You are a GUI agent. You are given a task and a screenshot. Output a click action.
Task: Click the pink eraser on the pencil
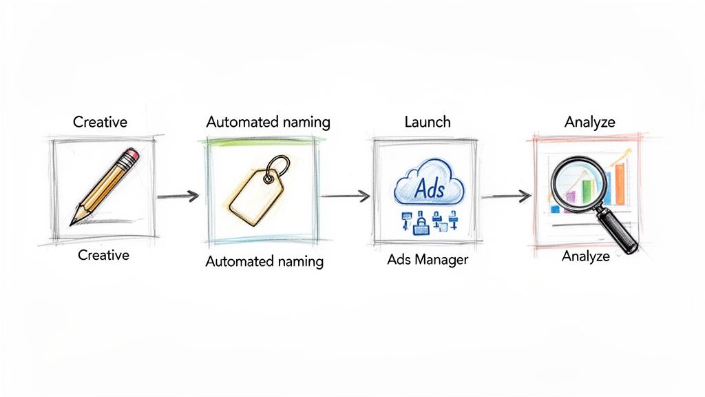pyautogui.click(x=133, y=155)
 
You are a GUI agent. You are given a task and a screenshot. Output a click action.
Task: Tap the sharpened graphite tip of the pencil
pyautogui.click(x=72, y=222)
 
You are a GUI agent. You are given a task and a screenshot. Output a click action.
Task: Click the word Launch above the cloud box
pyautogui.click(x=427, y=122)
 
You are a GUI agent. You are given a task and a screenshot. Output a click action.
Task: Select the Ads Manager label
pyautogui.click(x=427, y=260)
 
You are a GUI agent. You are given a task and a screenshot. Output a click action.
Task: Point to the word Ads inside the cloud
pyautogui.click(x=428, y=188)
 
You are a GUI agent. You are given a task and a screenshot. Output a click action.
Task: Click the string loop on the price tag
pyautogui.click(x=278, y=167)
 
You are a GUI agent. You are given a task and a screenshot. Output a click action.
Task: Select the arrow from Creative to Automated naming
pyautogui.click(x=178, y=196)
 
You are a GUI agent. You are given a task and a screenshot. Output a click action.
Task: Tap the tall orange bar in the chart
pyautogui.click(x=619, y=185)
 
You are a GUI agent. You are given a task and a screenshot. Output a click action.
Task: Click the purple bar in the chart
pyautogui.click(x=571, y=198)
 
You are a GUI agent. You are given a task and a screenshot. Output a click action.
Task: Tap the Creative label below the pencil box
pyautogui.click(x=103, y=255)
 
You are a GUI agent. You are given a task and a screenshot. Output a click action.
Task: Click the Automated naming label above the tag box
pyautogui.click(x=269, y=122)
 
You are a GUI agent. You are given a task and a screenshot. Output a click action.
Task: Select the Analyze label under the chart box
pyautogui.click(x=586, y=256)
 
